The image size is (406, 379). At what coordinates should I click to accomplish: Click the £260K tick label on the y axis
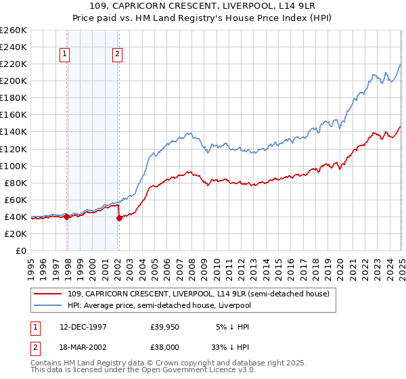click(x=13, y=30)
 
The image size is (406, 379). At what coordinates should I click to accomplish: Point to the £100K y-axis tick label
click(x=13, y=166)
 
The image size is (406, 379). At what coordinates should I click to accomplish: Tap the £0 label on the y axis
click(x=20, y=250)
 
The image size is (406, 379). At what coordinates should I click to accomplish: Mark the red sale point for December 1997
click(x=67, y=217)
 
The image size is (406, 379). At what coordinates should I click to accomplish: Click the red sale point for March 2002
click(x=119, y=218)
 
